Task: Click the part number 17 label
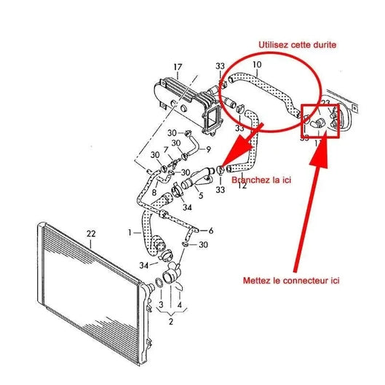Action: tap(176, 68)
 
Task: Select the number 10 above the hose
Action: tap(255, 66)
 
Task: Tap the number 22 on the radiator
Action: tap(90, 234)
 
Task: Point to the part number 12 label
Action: tap(242, 186)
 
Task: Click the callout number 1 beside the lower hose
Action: tap(130, 232)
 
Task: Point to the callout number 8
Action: tap(154, 191)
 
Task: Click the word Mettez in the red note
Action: tap(258, 279)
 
